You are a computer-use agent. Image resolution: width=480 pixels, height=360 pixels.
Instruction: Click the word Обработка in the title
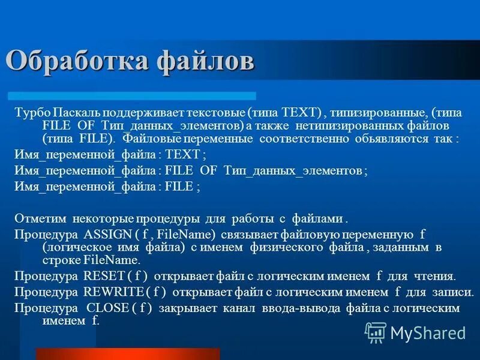(x=77, y=62)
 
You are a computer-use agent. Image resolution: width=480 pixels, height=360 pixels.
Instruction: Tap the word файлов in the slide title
(x=205, y=62)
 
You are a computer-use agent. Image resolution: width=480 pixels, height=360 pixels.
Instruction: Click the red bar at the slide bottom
(x=127, y=353)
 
